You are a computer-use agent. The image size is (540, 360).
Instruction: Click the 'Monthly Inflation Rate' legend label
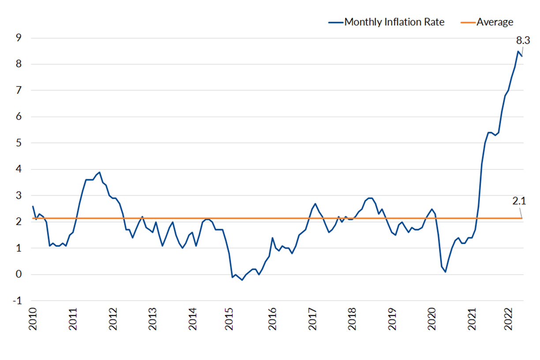(394, 22)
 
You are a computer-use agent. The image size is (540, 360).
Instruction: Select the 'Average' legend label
(495, 22)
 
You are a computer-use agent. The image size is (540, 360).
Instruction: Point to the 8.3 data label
(523, 41)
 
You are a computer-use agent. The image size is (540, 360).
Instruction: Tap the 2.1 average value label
(519, 201)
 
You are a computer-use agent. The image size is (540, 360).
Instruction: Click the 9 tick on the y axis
(19, 38)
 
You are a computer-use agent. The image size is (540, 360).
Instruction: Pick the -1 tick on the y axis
(17, 301)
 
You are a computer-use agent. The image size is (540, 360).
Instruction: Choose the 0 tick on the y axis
(19, 274)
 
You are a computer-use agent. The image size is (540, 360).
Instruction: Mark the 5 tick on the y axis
(19, 143)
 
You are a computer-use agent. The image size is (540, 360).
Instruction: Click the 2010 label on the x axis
(33, 319)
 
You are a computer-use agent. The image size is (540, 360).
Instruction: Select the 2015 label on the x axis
(229, 319)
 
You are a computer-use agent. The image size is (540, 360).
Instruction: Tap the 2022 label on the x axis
(508, 319)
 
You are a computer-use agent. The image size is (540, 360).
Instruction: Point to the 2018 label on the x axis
(352, 319)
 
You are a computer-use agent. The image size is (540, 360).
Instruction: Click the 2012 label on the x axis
(113, 319)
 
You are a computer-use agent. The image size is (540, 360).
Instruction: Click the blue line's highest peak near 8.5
(518, 51)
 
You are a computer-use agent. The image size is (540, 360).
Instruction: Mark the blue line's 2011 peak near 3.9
(100, 172)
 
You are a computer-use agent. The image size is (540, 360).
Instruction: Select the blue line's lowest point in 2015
(242, 280)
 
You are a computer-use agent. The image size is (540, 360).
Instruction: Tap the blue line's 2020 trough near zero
(445, 272)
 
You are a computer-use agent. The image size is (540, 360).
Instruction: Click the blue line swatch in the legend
(336, 22)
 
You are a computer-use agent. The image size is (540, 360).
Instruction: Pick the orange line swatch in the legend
(468, 22)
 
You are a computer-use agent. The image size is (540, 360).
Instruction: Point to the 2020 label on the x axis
(431, 319)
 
